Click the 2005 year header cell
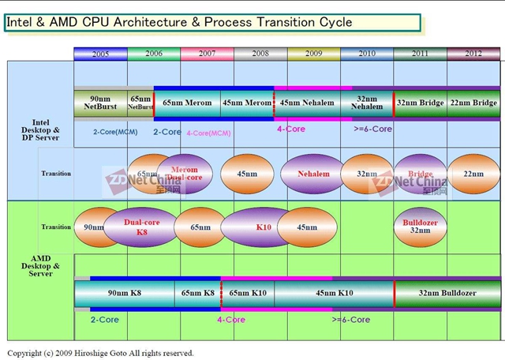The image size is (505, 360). pyautogui.click(x=100, y=54)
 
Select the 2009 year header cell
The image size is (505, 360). pyautogui.click(x=313, y=54)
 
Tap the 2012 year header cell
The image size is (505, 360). pyautogui.click(x=473, y=54)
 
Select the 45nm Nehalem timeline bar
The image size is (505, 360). pyautogui.click(x=307, y=103)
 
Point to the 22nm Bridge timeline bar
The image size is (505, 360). pyautogui.click(x=473, y=103)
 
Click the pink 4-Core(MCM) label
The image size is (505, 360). pyautogui.click(x=208, y=133)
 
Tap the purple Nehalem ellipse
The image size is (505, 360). pyautogui.click(x=313, y=174)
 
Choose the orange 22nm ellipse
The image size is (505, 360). pyautogui.click(x=473, y=174)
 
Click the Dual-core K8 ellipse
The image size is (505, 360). pyautogui.click(x=141, y=227)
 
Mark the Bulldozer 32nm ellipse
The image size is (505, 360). pyautogui.click(x=420, y=227)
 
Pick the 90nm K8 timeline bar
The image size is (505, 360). pyautogui.click(x=124, y=293)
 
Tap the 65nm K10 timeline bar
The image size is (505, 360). pyautogui.click(x=248, y=293)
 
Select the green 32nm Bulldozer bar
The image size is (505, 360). pyautogui.click(x=447, y=293)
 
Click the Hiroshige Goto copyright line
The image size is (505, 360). pyautogui.click(x=100, y=353)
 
